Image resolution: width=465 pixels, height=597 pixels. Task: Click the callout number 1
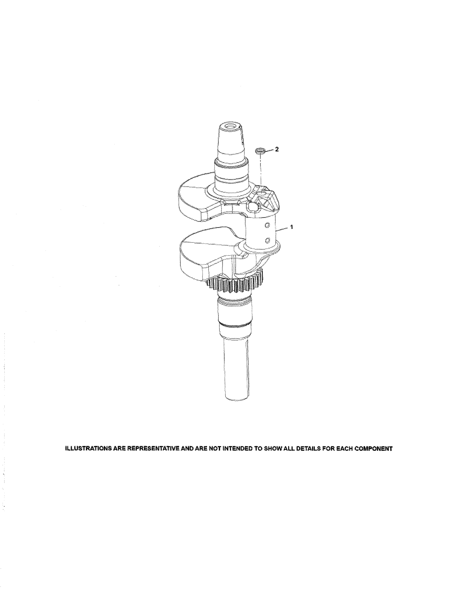click(x=292, y=227)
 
